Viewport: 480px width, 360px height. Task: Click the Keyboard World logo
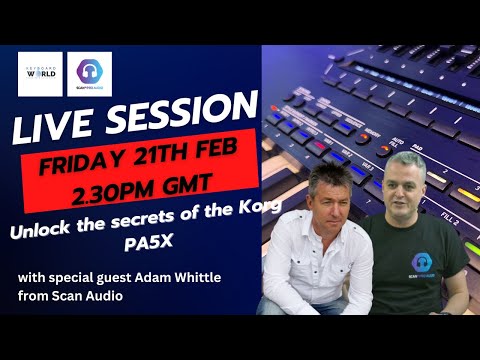coord(41,74)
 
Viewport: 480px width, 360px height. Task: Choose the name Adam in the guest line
coord(166,277)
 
